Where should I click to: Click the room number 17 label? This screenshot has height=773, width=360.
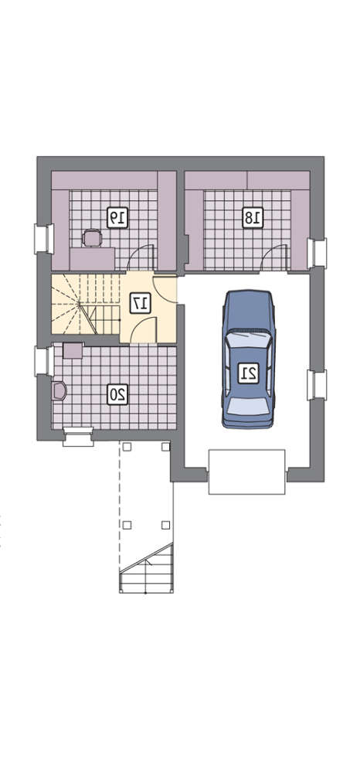tap(141, 303)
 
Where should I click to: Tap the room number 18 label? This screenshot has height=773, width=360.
tap(253, 217)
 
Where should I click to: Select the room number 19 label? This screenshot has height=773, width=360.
tap(117, 217)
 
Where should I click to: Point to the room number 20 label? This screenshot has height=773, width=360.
tap(117, 394)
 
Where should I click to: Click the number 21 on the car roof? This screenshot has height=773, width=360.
tap(248, 373)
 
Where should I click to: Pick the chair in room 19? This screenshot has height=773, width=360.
tap(92, 238)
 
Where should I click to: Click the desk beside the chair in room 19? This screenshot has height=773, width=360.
tap(92, 259)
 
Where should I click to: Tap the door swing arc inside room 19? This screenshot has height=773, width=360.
tap(140, 257)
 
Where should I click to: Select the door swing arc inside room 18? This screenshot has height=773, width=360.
tap(274, 257)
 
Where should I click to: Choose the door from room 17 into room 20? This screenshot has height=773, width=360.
tap(144, 330)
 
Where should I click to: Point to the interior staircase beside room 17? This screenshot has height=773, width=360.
tap(86, 304)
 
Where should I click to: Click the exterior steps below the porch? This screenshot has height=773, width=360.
tap(146, 568)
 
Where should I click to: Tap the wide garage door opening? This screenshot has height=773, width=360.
tap(247, 472)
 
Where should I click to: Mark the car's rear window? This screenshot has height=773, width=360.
tap(249, 406)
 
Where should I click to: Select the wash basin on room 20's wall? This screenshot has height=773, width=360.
tap(59, 391)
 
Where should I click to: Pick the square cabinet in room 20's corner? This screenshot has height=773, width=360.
tap(73, 350)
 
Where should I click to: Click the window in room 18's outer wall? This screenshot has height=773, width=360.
tap(317, 254)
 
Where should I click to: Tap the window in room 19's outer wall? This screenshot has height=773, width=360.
tap(44, 239)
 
